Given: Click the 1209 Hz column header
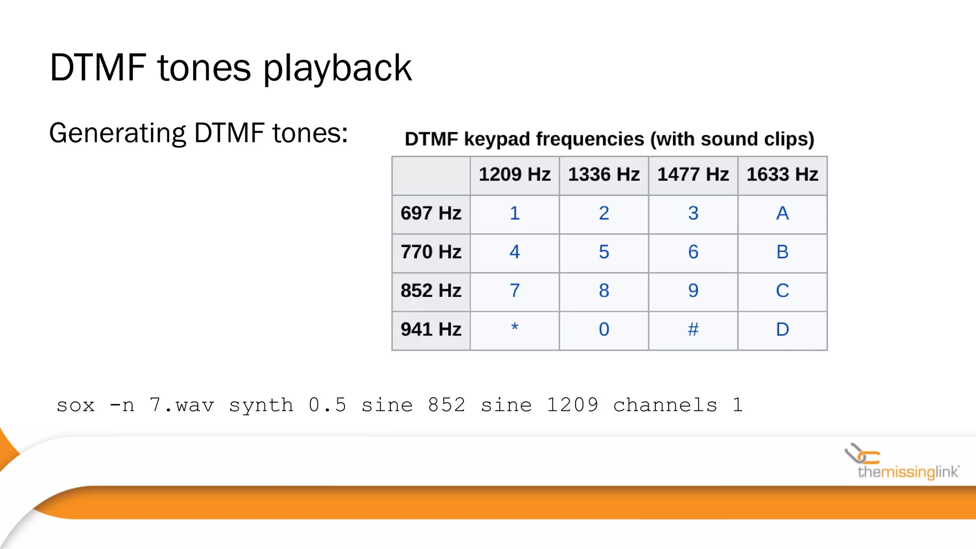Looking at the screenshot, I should point(514,174).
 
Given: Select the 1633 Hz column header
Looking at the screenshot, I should point(782,174).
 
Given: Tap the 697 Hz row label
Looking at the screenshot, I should point(431,213).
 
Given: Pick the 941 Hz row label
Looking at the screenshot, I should point(431,329).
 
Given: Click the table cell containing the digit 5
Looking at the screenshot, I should point(604,252).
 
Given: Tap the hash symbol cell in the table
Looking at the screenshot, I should point(693,329).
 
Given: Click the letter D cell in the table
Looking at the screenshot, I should point(782,329).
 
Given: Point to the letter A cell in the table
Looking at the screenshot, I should point(782,213).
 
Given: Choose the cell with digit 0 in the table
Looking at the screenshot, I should point(604,329).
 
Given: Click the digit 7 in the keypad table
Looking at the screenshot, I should point(514,291).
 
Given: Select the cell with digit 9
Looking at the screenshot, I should point(693,291).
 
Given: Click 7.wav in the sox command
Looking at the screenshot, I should point(182,406).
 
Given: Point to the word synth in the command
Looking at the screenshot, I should point(261,406).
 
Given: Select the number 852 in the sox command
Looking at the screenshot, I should point(446,406).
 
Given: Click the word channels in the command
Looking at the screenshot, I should point(665,406).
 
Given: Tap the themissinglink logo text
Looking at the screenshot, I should point(908,472).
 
